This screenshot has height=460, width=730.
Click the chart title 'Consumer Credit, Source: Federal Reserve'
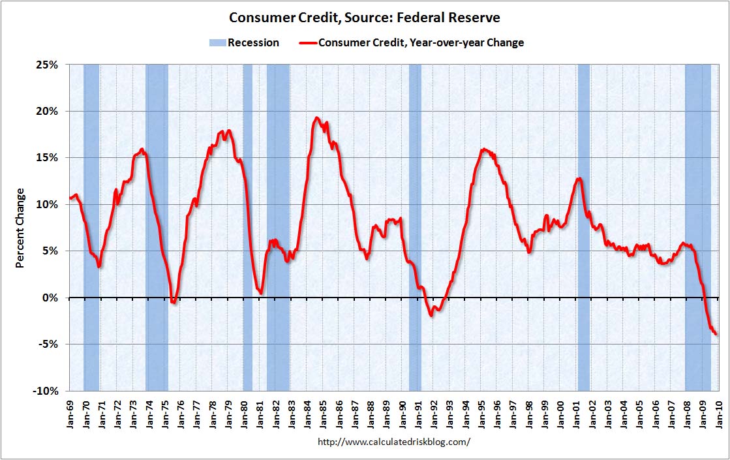coord(365,17)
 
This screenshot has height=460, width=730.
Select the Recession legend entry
coord(244,43)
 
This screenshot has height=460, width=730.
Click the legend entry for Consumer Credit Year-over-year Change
coord(421,43)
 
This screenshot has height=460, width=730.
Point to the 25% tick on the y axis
coord(47,65)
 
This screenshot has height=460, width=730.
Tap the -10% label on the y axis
coord(46,391)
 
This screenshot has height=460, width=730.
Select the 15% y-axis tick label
coord(47,158)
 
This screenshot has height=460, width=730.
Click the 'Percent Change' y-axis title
coord(20,228)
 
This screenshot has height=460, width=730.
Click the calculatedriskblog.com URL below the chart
coord(393,442)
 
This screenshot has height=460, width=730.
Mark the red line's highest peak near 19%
coord(316,118)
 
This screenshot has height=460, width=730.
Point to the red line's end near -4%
coord(716,334)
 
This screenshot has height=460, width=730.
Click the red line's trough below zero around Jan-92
coord(432,315)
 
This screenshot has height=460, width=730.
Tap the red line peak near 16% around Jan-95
coord(483,149)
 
